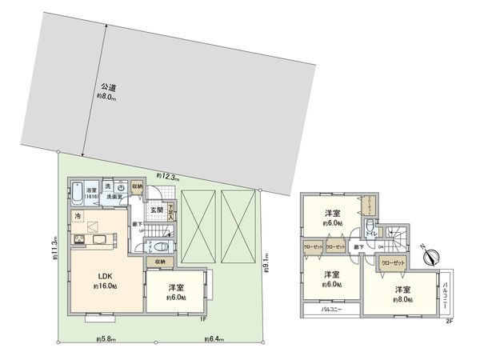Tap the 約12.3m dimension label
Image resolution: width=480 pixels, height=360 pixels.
pos(168,176)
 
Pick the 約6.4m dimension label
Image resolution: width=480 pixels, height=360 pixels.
pos(213,340)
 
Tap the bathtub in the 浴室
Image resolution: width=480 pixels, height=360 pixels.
pos(75,193)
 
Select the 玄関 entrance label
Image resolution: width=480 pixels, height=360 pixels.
pos(157,210)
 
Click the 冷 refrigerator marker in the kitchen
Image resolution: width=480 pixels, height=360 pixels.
pos(78,216)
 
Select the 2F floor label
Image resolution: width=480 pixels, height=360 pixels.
pos(449,320)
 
